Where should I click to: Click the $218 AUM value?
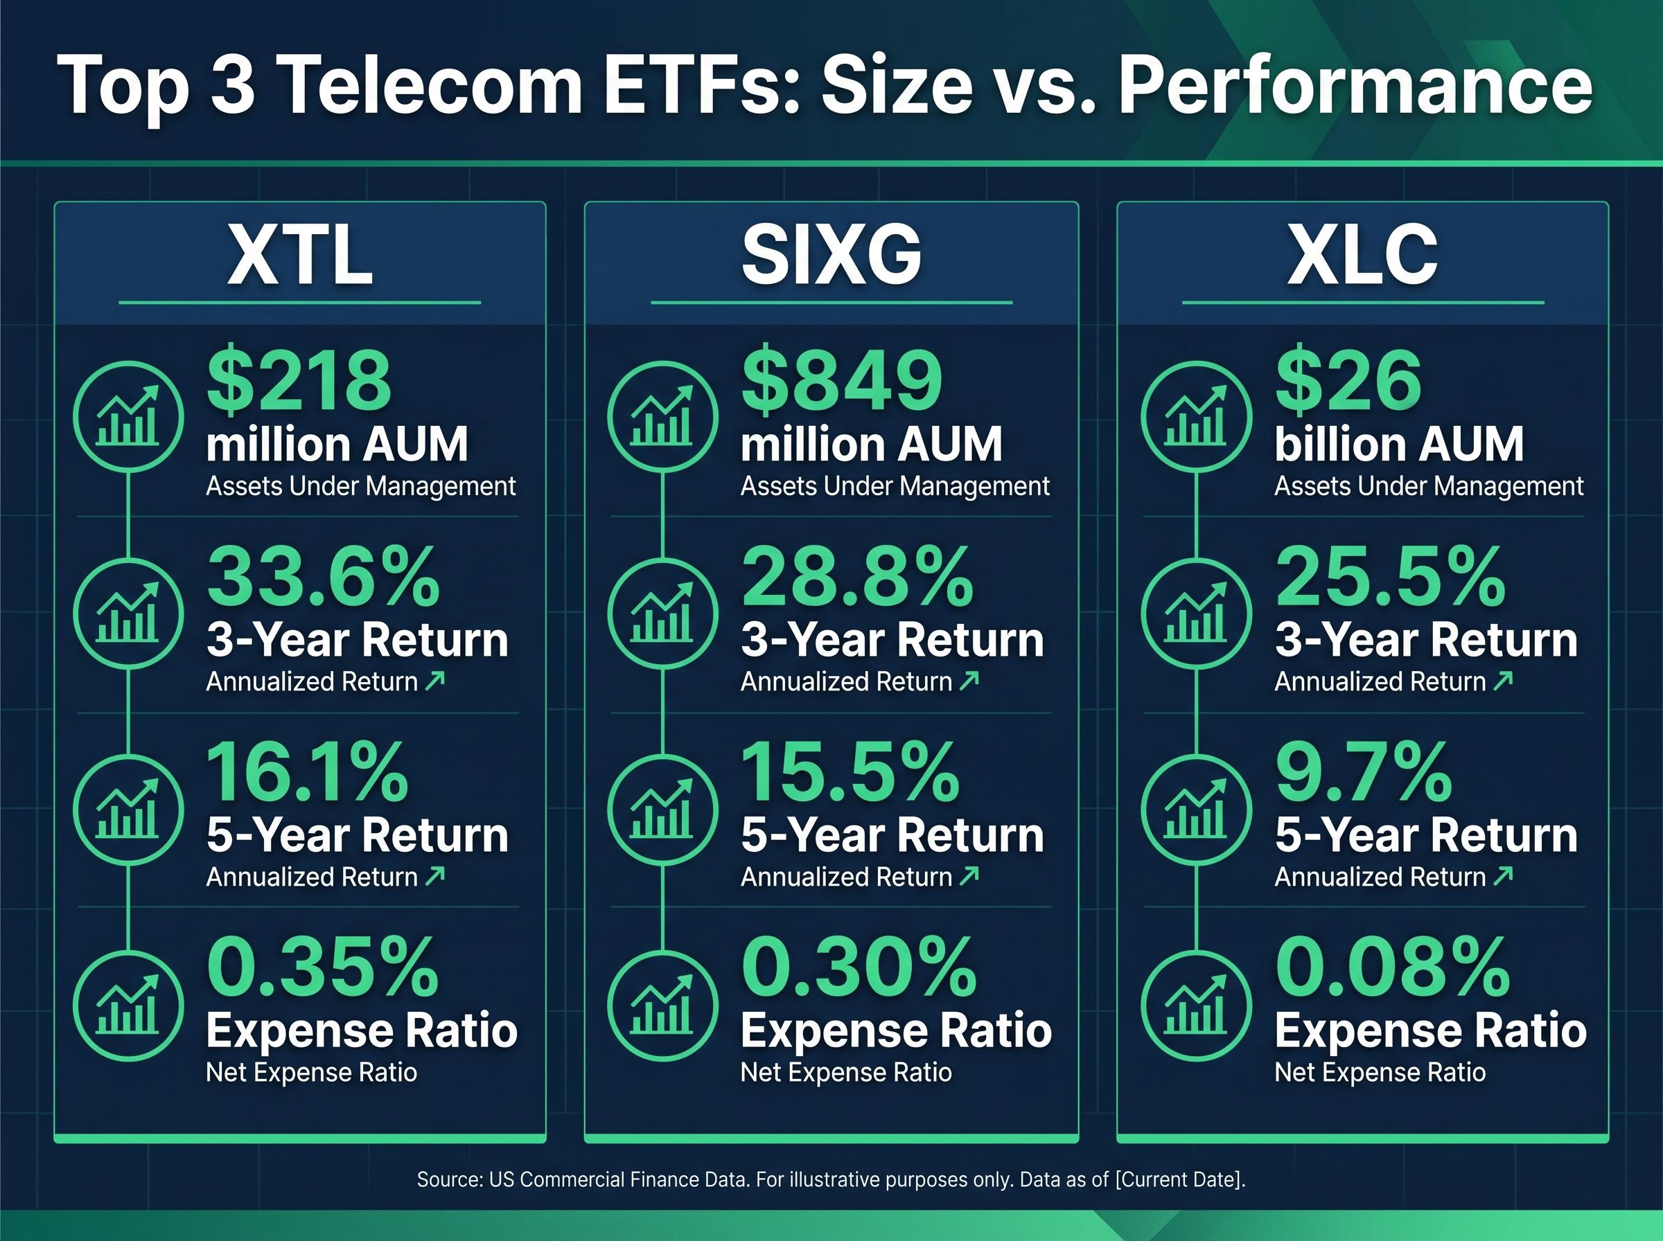(299, 381)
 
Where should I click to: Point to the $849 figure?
(842, 381)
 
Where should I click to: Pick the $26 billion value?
(1348, 381)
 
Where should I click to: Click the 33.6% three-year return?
(323, 577)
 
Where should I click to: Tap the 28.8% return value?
(856, 577)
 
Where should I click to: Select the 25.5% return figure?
(1390, 577)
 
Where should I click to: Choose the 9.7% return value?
(1363, 772)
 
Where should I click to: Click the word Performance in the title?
(1355, 87)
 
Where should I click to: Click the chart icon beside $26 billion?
(1195, 417)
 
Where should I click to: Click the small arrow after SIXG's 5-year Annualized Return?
(969, 875)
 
